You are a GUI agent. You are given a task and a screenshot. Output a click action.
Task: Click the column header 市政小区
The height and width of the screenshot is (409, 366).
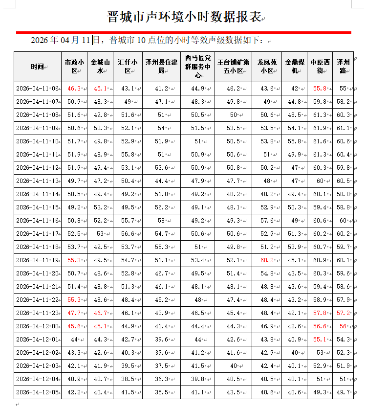tap(75, 67)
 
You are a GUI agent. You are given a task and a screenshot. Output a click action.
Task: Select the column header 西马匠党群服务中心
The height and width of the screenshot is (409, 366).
tap(197, 67)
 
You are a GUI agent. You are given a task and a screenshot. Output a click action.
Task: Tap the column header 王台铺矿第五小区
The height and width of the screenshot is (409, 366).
tap(234, 67)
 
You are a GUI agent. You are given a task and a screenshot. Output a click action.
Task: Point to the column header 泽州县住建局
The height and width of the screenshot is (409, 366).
tap(161, 67)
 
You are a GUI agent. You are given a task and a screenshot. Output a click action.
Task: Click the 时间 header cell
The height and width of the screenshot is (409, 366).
tap(37, 67)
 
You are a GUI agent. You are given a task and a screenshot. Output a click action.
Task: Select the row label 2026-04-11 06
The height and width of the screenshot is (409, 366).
tap(37, 89)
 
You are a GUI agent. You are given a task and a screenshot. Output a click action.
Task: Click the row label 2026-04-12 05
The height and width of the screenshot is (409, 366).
tap(37, 392)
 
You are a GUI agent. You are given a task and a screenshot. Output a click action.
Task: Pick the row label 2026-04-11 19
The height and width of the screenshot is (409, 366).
tap(37, 260)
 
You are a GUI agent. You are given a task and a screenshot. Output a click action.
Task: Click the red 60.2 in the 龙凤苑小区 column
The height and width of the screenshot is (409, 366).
tap(267, 260)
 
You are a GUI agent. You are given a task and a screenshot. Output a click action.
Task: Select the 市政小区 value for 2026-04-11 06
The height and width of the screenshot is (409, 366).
tap(74, 89)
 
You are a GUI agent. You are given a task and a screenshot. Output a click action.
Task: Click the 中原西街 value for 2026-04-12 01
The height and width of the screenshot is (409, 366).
tap(320, 340)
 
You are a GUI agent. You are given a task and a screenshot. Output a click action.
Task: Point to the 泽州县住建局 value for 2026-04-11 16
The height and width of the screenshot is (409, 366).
tap(161, 221)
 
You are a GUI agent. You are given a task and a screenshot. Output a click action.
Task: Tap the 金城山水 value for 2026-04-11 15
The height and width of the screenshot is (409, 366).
tap(100, 207)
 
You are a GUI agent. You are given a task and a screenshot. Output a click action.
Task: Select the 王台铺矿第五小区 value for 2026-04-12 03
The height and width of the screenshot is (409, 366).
tap(233, 366)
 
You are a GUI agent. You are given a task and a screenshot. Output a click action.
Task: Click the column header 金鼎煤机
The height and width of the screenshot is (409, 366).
tap(295, 67)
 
